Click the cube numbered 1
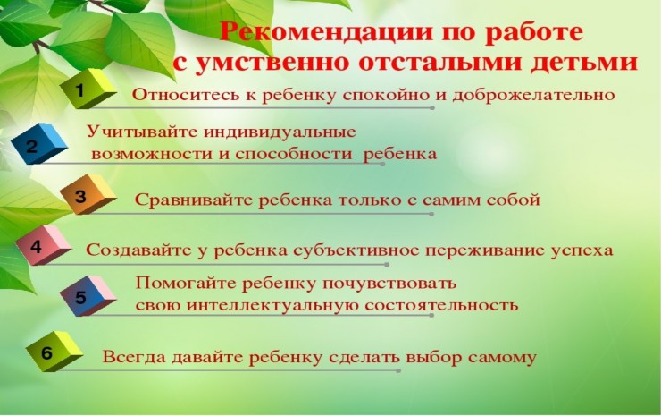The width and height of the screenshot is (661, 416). tap(88, 89)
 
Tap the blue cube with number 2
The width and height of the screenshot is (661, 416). tap(38, 144)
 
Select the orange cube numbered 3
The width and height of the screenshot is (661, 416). tap(88, 194)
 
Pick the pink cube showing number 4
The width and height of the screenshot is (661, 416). tap(44, 245)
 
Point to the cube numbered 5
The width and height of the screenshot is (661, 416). tap(88, 296)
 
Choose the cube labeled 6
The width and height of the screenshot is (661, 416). tap(54, 352)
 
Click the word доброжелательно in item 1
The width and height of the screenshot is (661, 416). tap(533, 95)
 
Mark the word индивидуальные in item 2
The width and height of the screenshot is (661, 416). tap(280, 132)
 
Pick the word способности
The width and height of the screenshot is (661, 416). tap(293, 154)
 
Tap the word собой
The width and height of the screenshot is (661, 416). tap(513, 200)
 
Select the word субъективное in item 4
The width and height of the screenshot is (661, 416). tap(356, 250)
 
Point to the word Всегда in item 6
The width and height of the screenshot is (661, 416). tap(134, 357)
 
